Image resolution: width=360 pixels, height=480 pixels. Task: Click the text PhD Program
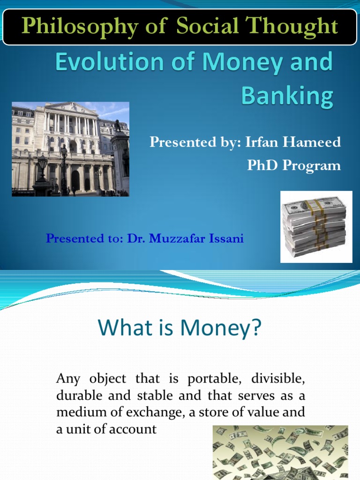coord(294,166)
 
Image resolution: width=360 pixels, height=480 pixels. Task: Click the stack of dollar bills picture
coord(316,226)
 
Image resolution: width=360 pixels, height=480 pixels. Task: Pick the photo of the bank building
coord(70,149)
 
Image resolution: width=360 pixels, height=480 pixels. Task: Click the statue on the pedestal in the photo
coord(118,126)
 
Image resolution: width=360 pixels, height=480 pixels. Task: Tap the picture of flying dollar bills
coord(280,452)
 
